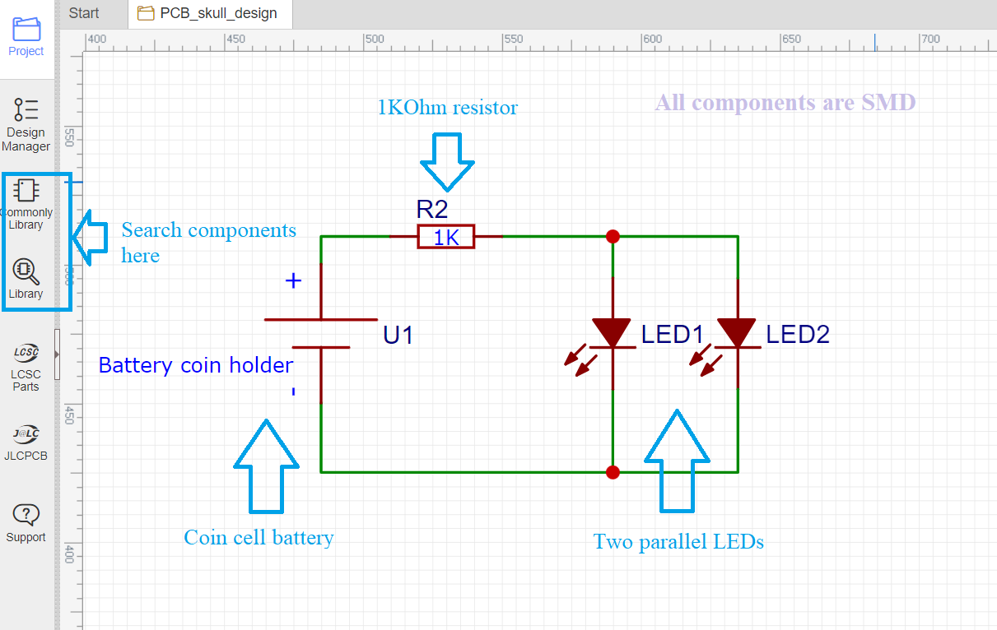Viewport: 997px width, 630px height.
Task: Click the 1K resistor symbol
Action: (445, 237)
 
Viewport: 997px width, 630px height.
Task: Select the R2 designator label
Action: (432, 210)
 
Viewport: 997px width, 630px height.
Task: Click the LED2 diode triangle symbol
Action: (737, 333)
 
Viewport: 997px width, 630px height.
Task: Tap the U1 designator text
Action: (398, 336)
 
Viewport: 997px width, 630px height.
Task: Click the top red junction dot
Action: (613, 237)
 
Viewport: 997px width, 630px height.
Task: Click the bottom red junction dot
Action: (613, 472)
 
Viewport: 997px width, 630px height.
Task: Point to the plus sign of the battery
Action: (293, 281)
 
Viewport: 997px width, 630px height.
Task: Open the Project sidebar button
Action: (26, 36)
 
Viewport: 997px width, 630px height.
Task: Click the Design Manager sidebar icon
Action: (26, 123)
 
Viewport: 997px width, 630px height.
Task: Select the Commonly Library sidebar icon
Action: (26, 203)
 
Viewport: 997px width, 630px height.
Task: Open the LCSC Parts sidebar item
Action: (26, 368)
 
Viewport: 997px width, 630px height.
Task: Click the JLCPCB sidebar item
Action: (26, 442)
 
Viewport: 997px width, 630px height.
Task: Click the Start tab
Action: (84, 13)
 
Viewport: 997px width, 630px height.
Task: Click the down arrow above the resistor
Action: (448, 160)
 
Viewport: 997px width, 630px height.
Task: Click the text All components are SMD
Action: (785, 103)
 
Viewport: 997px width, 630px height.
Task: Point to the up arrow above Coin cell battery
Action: (266, 466)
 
